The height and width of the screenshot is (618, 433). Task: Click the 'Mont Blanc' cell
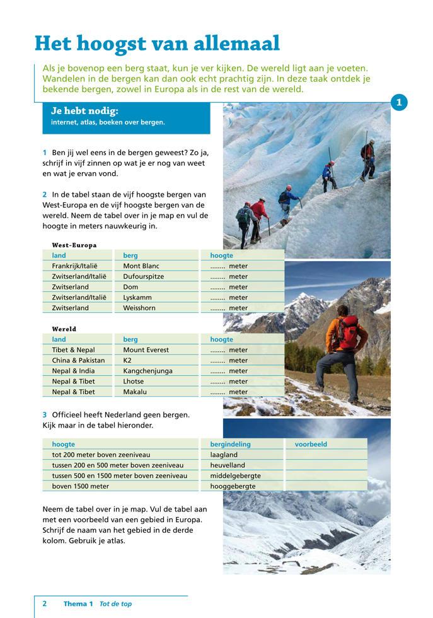tap(141, 266)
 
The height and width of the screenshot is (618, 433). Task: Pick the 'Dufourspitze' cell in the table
tap(144, 276)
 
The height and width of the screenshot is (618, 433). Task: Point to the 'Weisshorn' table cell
tap(139, 308)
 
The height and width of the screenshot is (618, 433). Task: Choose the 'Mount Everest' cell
tap(146, 350)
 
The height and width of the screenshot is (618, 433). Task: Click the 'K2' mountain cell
tap(128, 360)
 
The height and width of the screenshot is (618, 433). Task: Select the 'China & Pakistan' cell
tap(78, 360)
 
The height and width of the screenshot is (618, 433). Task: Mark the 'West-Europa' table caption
tap(74, 245)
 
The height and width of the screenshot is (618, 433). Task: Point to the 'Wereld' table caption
tap(64, 329)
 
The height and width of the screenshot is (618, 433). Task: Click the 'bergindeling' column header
tap(230, 444)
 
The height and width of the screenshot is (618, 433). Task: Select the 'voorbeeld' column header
tap(311, 444)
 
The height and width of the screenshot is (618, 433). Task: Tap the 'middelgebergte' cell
tap(235, 475)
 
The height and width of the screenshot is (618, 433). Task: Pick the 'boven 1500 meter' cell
tap(80, 486)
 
